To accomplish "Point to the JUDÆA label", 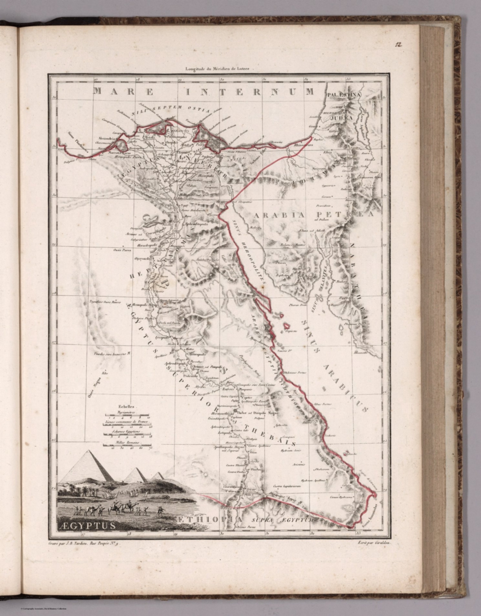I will click(x=341, y=119).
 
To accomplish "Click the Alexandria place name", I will click(x=106, y=139).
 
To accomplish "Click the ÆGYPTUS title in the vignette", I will click(x=87, y=525).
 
